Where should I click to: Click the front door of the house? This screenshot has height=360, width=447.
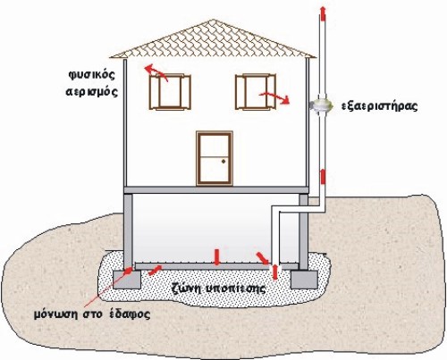point(215,158)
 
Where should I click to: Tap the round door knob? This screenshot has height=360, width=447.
point(223,162)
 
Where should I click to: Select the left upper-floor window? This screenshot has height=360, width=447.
point(170,92)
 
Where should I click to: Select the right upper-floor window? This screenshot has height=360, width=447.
point(256,92)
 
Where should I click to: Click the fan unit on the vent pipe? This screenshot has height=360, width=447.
point(321,105)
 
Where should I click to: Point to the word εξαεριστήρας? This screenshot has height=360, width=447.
point(379,106)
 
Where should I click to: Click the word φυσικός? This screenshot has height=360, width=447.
point(92,75)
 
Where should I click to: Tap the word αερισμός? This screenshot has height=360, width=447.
point(92,91)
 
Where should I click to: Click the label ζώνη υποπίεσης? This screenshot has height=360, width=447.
point(219,289)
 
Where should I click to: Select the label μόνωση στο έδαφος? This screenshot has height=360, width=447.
point(92,314)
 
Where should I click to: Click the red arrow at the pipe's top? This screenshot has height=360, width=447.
point(323,13)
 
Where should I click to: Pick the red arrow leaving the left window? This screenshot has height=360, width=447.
point(156,73)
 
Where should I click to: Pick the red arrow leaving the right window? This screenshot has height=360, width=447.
point(274,97)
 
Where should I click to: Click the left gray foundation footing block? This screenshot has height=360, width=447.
point(127,280)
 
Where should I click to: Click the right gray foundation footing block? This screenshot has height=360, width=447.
point(303,280)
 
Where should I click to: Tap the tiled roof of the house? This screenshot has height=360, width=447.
point(213,41)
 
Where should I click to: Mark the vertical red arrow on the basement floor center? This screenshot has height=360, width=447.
point(216,257)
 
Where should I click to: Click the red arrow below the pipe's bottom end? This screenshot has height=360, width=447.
point(275,272)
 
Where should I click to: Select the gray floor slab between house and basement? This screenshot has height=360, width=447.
point(215,189)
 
